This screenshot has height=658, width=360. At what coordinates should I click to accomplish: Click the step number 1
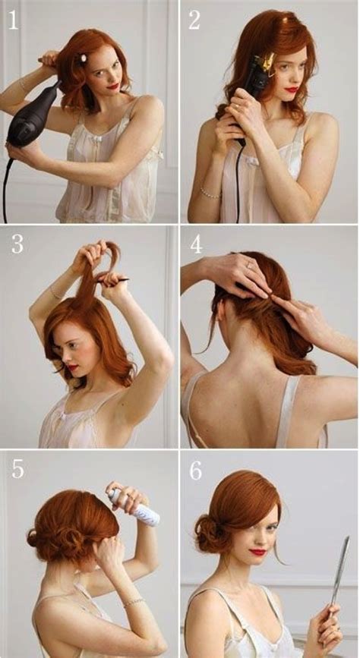point(12,20)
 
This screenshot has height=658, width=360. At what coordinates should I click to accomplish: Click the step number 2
point(194,20)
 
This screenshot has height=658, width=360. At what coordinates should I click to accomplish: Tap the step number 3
point(17,244)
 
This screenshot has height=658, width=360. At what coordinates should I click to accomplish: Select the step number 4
point(196,245)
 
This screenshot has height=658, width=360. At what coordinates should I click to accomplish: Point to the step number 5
point(17,468)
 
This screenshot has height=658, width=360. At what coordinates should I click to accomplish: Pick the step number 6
point(196,470)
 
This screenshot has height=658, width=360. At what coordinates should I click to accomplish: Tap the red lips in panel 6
point(259,552)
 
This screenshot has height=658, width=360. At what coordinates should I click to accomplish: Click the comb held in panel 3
point(114,279)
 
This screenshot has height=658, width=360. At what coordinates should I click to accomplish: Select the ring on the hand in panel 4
point(248,266)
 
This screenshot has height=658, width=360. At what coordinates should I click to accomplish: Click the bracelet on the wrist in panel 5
point(134,602)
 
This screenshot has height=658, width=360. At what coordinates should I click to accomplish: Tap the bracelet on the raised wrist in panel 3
point(55,293)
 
